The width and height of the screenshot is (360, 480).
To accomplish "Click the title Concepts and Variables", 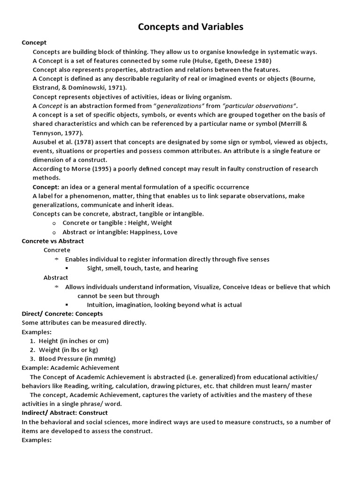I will coord(190,27).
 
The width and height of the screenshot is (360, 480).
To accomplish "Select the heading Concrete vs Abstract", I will coord(53,241).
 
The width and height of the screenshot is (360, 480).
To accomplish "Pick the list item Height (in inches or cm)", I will coord(74,341).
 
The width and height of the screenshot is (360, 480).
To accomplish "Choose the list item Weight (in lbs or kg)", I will coord(72,350).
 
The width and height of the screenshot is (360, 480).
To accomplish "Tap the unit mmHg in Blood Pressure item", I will coord(109,359).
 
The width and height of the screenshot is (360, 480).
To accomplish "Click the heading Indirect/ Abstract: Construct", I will coord(65,412).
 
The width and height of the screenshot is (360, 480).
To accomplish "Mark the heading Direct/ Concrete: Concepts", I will coord(62,314).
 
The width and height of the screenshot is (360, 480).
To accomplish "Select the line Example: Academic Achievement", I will coord(71,367).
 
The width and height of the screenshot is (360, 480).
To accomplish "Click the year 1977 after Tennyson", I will coord(73,133).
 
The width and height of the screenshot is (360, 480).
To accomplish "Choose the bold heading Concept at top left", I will coord(35,43).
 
